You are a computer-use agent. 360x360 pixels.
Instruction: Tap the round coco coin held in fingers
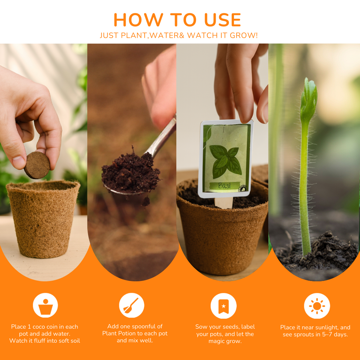click(x=37, y=165)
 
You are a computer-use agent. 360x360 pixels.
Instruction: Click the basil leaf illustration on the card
click(x=226, y=160)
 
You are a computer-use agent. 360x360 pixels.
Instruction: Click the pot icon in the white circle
click(x=45, y=306)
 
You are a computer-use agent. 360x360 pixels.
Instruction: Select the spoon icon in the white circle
click(x=131, y=306)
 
